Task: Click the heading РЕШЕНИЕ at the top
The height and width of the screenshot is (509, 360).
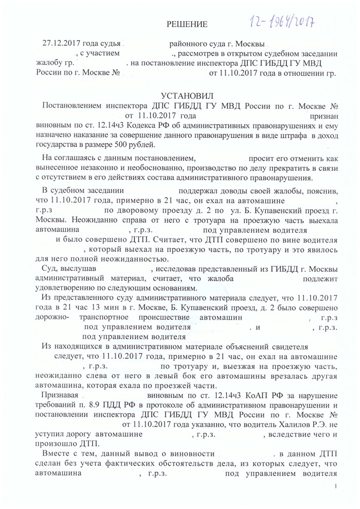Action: click(189, 24)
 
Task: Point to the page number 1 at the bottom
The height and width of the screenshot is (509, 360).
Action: click(335, 486)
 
